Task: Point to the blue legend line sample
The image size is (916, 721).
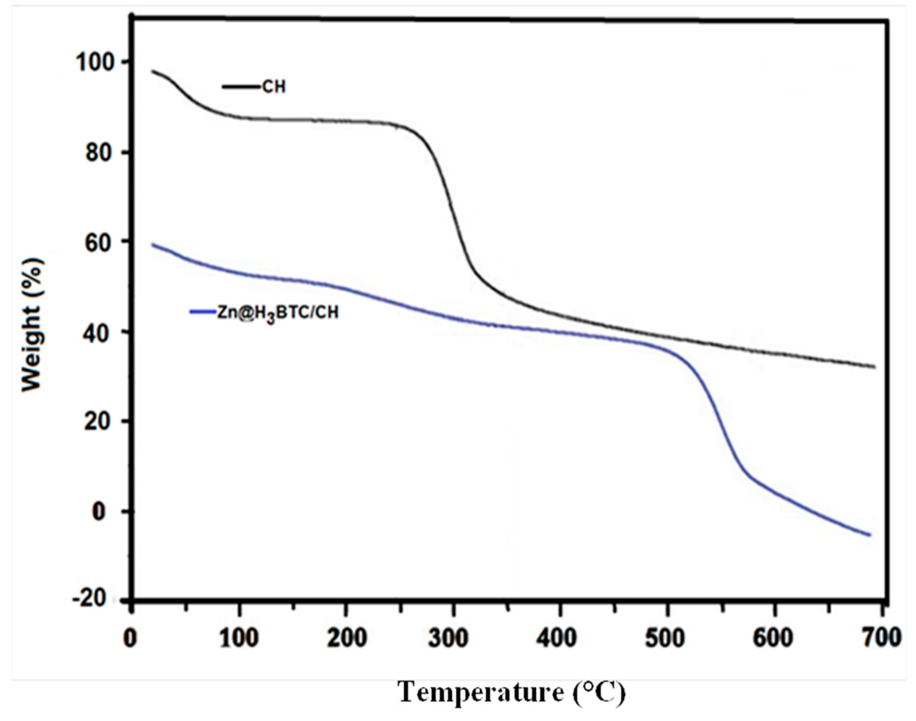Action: click(x=203, y=312)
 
